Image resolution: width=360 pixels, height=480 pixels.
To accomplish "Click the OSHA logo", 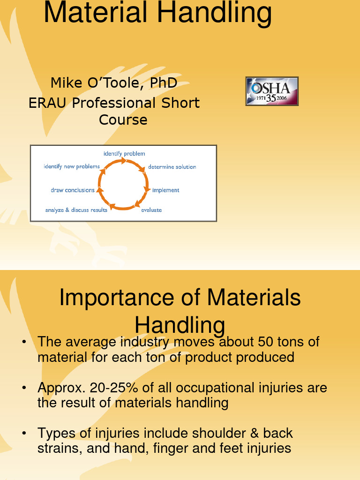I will [272, 91].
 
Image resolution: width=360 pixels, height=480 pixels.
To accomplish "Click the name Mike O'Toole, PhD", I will [114, 83].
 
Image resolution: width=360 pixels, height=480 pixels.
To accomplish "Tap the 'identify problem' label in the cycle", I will [124, 153].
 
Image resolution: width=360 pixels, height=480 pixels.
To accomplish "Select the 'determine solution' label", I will [172, 167].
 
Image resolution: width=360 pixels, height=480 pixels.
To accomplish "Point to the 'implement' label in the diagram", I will [165, 190].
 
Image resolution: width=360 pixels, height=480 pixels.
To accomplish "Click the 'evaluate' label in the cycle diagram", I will [151, 210].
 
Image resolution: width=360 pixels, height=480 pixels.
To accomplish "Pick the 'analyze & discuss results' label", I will [76, 210].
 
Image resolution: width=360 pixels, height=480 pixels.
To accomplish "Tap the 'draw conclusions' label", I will [73, 190].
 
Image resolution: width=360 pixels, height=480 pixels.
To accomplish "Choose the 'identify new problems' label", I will [72, 167].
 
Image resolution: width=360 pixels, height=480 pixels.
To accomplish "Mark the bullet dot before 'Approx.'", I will [23, 389].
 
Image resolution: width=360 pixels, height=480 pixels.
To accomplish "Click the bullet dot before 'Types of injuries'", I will [23, 434].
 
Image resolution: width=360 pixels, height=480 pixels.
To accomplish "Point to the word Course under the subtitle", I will [123, 120].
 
